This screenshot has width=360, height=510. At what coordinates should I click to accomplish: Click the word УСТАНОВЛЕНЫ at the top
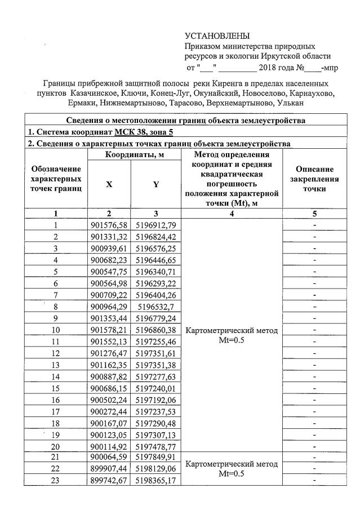pos(217,37)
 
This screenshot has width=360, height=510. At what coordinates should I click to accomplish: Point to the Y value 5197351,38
pos(155,367)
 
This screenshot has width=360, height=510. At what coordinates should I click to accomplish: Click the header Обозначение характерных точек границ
pos(56,179)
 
